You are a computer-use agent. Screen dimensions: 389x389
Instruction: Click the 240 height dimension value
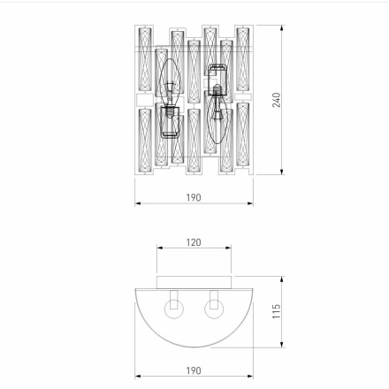tap(277, 100)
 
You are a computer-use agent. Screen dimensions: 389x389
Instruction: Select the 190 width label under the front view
tap(194, 198)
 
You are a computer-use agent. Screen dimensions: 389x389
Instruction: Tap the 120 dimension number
tap(194, 242)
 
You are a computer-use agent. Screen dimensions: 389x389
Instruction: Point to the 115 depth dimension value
tap(277, 312)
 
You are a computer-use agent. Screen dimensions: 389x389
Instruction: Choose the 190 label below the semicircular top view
tap(194, 370)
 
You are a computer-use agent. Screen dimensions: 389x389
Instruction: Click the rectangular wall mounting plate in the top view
tap(194, 281)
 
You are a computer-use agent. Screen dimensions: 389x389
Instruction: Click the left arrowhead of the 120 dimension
tap(159, 249)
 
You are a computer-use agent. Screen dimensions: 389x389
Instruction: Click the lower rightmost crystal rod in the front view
tap(242, 136)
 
